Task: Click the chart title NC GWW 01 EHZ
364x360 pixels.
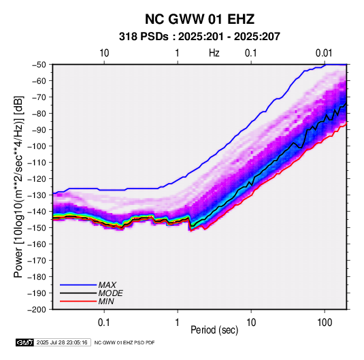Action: click(199, 19)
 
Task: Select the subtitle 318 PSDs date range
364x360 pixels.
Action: click(199, 37)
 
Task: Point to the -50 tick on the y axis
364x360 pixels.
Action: click(39, 65)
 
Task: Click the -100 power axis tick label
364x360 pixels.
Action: click(37, 146)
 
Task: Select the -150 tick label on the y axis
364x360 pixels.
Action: click(37, 228)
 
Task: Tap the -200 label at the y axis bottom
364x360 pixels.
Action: click(37, 310)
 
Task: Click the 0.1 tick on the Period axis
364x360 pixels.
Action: click(104, 323)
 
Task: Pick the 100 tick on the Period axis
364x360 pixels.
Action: click(325, 323)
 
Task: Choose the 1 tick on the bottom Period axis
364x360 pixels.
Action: click(178, 323)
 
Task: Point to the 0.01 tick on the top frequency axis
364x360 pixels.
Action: click(324, 53)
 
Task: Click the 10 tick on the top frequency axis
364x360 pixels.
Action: click(104, 53)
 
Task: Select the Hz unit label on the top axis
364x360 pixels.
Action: click(214, 53)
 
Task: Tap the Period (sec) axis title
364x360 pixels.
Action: click(214, 330)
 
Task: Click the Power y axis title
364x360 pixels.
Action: click(19, 187)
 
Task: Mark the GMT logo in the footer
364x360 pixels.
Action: click(25, 342)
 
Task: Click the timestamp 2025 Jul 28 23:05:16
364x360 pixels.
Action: click(62, 342)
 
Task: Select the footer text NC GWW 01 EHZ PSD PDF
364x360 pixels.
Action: click(125, 342)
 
